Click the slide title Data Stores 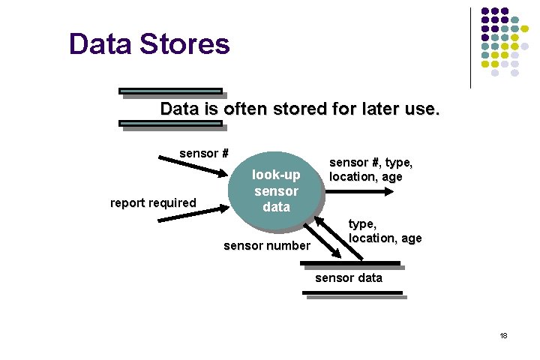(149, 44)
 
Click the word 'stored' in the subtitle (297, 109)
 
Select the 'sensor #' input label (203, 154)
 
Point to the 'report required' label (153, 202)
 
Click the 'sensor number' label (266, 245)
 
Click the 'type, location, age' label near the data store (384, 231)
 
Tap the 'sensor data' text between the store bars (348, 277)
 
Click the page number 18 (504, 335)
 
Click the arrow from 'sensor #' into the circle (191, 167)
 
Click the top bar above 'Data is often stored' (170, 91)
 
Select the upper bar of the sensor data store (349, 263)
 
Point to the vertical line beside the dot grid (471, 47)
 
